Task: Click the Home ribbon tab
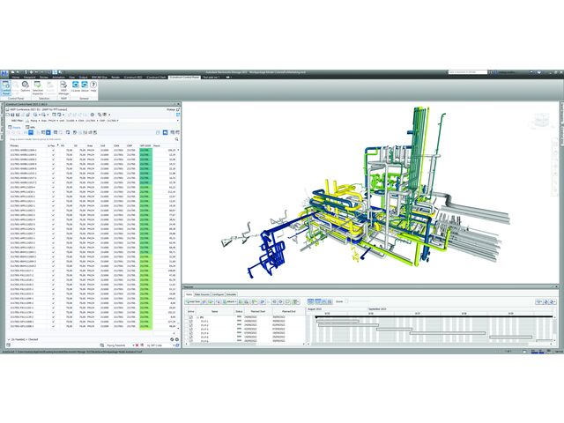coord(15,78)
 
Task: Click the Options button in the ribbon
coord(26,91)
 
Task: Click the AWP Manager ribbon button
coord(65,91)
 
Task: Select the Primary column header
coord(17,145)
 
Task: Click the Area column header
coord(90,145)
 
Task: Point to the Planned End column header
coord(289,311)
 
